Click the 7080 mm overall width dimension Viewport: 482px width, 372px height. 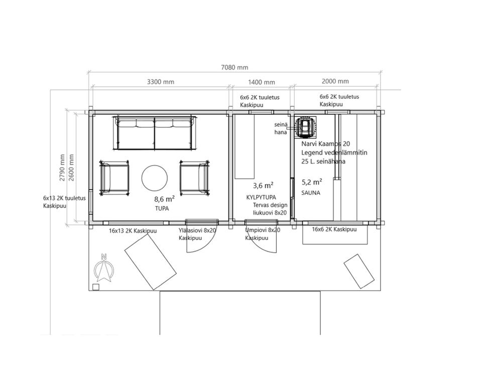(x=234, y=67)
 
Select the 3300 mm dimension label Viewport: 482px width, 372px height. (x=161, y=82)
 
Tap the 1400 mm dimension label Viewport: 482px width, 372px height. (x=261, y=82)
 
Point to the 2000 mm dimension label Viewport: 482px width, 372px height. (x=335, y=81)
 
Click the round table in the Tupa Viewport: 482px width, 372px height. (x=155, y=178)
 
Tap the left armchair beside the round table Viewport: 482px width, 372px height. (x=114, y=178)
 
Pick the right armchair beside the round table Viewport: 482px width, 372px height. (x=195, y=178)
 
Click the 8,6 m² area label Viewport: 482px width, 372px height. (x=165, y=199)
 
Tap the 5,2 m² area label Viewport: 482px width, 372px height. (x=312, y=182)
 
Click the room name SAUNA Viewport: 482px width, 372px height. (x=311, y=193)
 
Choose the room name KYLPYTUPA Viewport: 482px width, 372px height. (x=261, y=198)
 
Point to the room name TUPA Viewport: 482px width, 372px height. (x=162, y=209)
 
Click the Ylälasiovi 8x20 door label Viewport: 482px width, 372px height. (x=197, y=230)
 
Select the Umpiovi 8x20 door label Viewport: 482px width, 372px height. (x=263, y=230)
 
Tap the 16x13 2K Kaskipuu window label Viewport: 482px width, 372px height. (x=133, y=231)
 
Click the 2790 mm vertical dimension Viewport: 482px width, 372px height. (x=62, y=167)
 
